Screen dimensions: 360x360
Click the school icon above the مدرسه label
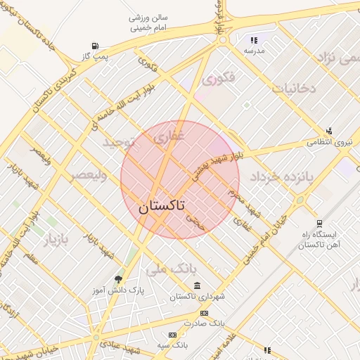253,41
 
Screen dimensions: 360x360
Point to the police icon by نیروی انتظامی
328,131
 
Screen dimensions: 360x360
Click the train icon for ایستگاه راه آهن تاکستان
321,224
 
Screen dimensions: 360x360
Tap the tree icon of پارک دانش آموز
117,279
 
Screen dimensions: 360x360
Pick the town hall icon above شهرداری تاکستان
197,286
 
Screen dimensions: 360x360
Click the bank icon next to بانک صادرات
204,314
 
